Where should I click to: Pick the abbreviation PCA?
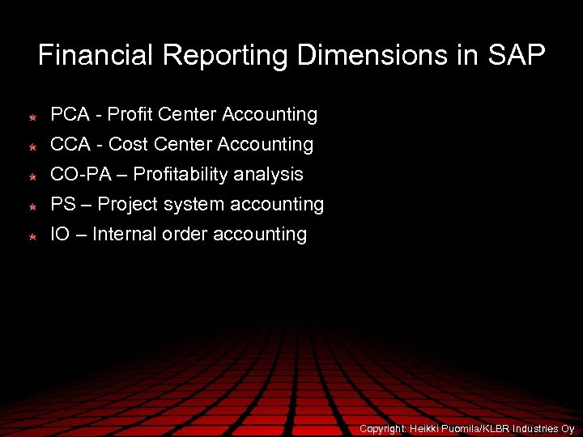point(70,115)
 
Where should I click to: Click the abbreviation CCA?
point(70,145)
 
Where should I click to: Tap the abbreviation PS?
point(62,205)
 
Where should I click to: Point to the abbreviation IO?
point(59,235)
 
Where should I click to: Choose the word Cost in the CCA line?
point(127,145)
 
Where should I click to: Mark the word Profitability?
point(180,175)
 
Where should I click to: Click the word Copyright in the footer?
point(383,428)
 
